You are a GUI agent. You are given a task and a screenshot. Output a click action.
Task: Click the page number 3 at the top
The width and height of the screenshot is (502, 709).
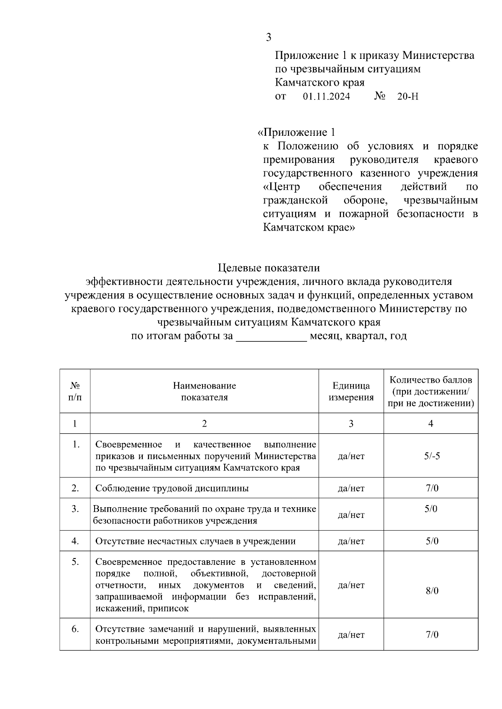click(x=269, y=38)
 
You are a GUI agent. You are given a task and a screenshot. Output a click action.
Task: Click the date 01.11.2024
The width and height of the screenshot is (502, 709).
click(x=326, y=97)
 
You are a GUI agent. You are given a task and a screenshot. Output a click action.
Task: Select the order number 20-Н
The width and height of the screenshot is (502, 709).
click(x=407, y=97)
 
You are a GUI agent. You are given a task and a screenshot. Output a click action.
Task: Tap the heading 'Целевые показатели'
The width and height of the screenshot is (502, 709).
click(x=269, y=267)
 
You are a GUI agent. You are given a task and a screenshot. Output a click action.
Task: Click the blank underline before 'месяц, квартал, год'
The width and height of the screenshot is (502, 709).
click(x=271, y=336)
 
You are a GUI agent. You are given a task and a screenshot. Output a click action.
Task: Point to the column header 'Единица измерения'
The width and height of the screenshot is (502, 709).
click(x=351, y=391)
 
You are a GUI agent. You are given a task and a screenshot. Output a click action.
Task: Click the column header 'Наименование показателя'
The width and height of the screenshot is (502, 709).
click(x=204, y=391)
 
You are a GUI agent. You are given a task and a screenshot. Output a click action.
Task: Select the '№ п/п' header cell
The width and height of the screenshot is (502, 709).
click(x=75, y=391)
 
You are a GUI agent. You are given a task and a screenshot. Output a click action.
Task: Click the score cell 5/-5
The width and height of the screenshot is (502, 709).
click(x=431, y=456)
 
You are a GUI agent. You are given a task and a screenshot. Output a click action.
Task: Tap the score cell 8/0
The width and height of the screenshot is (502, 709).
click(x=431, y=591)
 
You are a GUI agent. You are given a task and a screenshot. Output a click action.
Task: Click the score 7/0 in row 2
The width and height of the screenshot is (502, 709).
click(x=431, y=488)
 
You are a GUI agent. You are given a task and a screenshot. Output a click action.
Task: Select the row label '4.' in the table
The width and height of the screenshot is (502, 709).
click(x=75, y=541)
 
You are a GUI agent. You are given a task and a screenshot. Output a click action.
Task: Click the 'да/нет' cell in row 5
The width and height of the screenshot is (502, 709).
click(x=351, y=585)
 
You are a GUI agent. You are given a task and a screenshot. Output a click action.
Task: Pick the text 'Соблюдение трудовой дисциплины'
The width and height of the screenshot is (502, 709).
click(x=172, y=488)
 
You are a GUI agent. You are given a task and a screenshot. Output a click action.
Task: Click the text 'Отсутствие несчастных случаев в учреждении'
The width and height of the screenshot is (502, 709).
click(x=195, y=541)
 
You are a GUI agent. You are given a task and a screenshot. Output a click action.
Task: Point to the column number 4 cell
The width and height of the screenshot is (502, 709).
click(x=431, y=423)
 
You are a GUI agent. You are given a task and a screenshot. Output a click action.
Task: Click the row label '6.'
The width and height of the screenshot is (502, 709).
click(x=75, y=629)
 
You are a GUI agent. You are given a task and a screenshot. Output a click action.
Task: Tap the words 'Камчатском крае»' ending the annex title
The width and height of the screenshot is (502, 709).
click(x=309, y=228)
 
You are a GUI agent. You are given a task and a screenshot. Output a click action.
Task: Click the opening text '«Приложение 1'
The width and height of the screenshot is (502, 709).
click(x=296, y=133)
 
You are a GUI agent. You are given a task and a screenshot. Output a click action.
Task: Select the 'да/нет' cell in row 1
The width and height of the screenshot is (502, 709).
click(x=351, y=456)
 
